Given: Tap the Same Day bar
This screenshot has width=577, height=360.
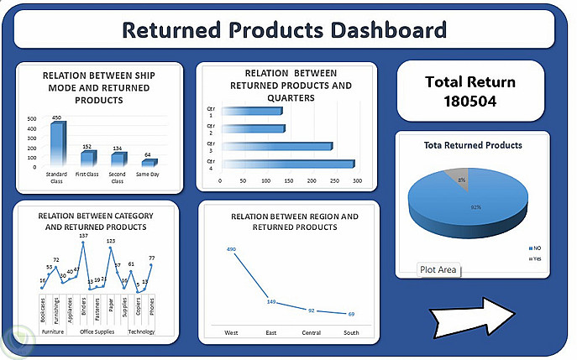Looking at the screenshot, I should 148,161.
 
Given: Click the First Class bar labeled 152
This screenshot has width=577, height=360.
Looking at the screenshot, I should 87,157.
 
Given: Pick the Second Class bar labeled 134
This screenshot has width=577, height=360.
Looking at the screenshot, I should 118,158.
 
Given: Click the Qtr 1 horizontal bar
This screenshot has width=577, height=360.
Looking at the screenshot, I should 252,111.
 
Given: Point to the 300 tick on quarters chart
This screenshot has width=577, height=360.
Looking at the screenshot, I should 357,180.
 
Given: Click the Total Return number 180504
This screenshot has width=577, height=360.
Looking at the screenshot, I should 470,102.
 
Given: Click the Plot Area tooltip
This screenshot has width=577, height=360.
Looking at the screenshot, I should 438,269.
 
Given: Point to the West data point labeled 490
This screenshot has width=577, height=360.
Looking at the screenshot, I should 231,249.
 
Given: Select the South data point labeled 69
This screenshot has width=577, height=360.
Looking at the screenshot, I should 351,314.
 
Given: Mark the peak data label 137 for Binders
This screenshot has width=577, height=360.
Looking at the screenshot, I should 83,236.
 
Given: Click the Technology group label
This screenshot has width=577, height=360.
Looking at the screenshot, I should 141,331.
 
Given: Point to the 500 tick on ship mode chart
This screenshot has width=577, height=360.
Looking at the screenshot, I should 31,119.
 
